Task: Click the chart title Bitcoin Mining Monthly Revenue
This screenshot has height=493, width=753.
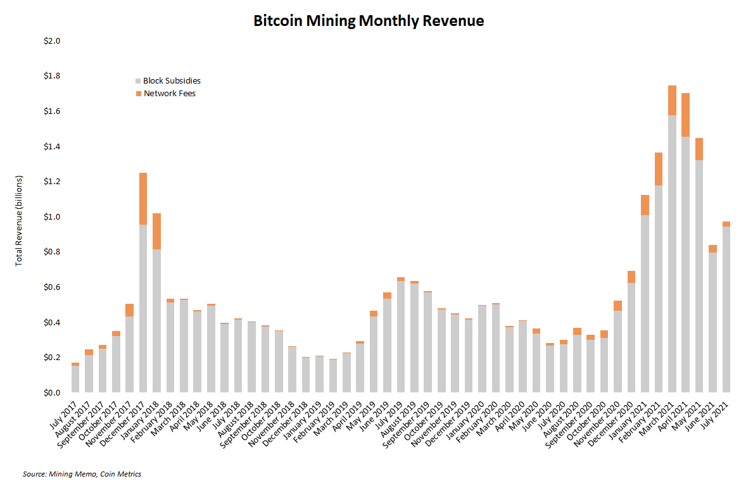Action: point(369,21)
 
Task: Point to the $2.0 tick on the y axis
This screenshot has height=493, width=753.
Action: point(51,41)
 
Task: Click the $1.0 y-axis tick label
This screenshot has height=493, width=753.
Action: point(51,217)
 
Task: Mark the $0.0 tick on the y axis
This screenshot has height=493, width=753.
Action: point(51,393)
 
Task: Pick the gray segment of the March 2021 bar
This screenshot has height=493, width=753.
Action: point(672,253)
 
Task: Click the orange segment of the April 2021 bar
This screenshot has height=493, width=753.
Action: point(685,115)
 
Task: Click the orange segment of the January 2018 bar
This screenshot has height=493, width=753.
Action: point(156,231)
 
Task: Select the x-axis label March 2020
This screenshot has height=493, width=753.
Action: point(497,418)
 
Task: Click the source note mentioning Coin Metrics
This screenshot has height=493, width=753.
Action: point(82,474)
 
